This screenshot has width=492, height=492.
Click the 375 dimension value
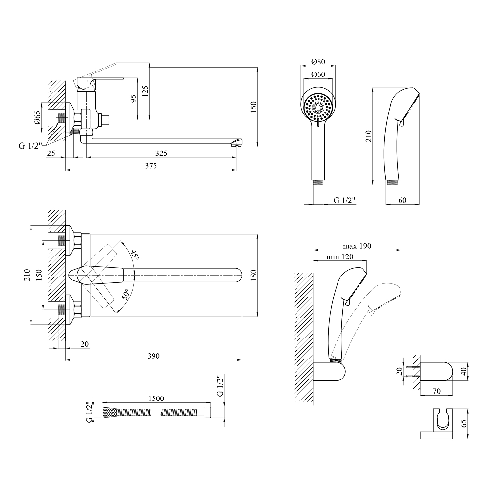point(151,166)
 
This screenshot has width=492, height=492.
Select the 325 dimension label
point(161,153)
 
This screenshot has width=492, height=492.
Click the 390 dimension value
point(154,356)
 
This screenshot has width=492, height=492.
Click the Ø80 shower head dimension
point(318,62)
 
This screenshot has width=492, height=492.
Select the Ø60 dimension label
point(318,75)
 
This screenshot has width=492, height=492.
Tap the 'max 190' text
point(357,246)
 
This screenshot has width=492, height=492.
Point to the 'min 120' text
point(340,257)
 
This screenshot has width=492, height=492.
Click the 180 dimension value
point(253,276)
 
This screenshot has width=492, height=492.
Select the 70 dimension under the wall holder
point(437,391)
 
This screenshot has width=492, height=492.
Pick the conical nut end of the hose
point(110,412)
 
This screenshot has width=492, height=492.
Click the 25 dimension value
point(51,153)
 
